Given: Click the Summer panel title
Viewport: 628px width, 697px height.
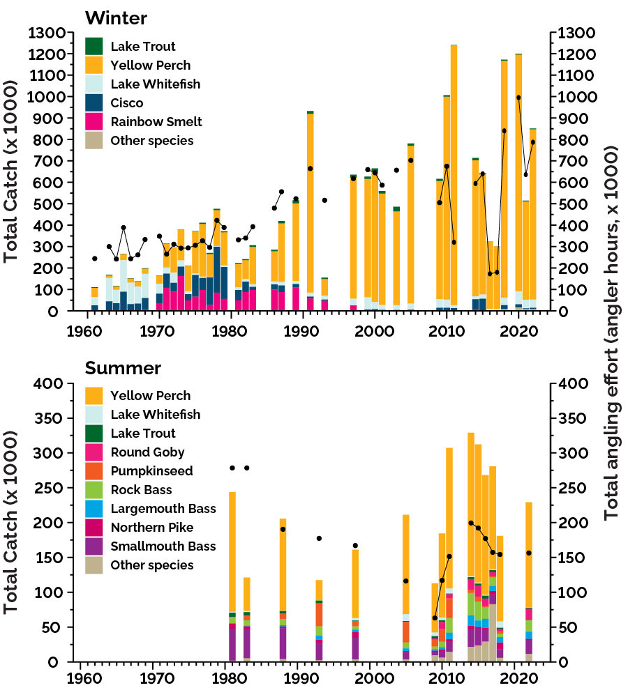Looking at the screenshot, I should point(123,367).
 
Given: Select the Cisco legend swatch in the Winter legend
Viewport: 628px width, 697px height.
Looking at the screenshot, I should point(94,103).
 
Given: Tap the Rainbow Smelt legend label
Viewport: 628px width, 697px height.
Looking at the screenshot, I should point(156,122).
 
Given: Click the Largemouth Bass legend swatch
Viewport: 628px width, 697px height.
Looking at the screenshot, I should point(94,509).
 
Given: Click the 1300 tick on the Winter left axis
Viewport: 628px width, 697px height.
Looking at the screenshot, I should point(50,33).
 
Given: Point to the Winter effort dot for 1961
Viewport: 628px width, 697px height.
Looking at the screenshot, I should point(95,259).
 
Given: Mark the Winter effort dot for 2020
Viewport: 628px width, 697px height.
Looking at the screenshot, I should point(518,98).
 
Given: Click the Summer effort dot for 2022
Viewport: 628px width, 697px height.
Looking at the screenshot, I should point(529,553).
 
